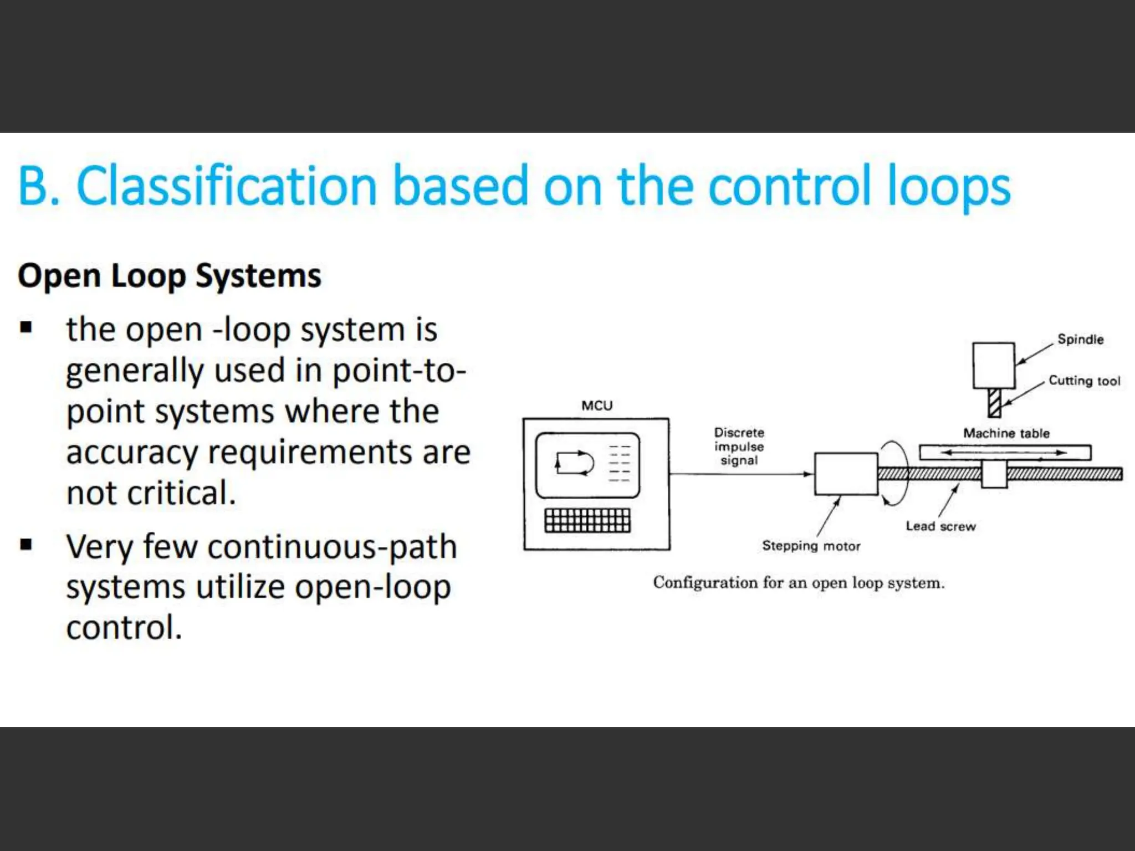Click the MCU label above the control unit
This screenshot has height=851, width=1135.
tap(597, 406)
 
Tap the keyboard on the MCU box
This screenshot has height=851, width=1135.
tap(587, 520)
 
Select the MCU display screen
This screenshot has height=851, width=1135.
tap(587, 465)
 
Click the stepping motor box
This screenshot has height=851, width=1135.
tap(846, 474)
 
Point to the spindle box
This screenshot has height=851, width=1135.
tap(994, 366)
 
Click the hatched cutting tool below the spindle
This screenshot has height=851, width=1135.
tap(995, 403)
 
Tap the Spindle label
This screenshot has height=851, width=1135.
tap(1080, 339)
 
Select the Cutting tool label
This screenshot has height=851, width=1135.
tap(1084, 381)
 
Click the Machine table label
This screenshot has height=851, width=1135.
tap(1006, 433)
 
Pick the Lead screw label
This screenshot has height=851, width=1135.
tap(940, 526)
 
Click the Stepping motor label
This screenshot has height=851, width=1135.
tap(811, 546)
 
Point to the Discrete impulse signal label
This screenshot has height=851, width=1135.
tap(739, 447)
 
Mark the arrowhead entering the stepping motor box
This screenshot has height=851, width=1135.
tap(809, 474)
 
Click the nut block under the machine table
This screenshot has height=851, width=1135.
tap(994, 474)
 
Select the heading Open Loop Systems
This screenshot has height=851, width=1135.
tap(170, 275)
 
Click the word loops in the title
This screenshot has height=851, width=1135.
tap(949, 186)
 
